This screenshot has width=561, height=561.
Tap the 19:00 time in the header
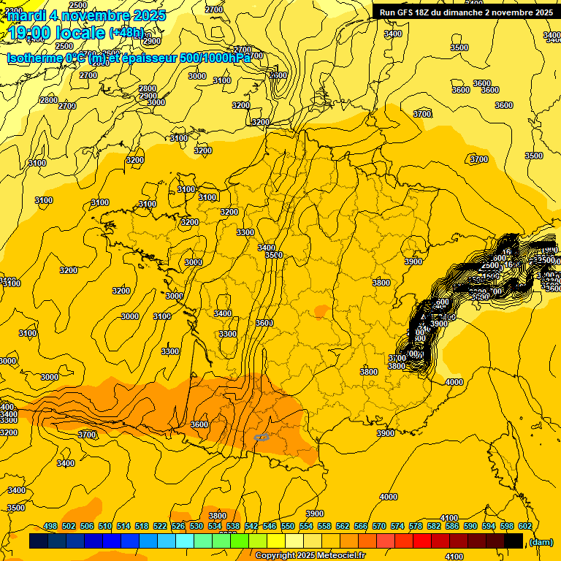pos(31,34)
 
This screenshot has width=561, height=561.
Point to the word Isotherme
pos(35,58)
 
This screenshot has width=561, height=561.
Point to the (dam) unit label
pos(541,541)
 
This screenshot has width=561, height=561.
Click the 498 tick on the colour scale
pos(50,526)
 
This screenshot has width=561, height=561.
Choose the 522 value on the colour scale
pos(160,526)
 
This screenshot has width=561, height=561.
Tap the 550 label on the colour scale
pos(288,526)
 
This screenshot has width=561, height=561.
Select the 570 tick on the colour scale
pos(379,526)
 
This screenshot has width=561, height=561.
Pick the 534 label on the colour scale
pos(215,526)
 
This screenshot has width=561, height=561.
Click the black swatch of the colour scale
pos(514,541)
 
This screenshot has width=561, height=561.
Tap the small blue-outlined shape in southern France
pos(262,437)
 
